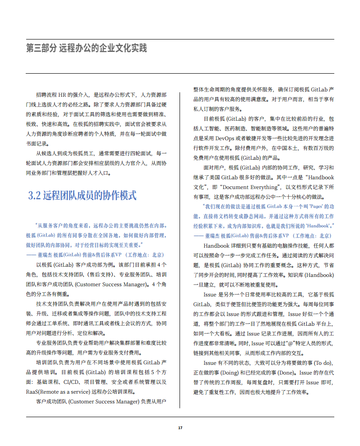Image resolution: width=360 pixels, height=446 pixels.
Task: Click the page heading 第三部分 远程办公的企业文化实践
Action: point(86,48)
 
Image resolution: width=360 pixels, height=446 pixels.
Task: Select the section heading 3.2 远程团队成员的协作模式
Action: point(82,195)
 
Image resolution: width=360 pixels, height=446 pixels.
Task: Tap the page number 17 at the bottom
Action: point(180,428)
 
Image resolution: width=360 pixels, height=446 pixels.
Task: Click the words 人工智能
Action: point(213,128)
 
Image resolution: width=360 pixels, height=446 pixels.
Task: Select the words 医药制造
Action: point(240,128)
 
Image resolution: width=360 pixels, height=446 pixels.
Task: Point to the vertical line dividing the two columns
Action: point(180,249)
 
